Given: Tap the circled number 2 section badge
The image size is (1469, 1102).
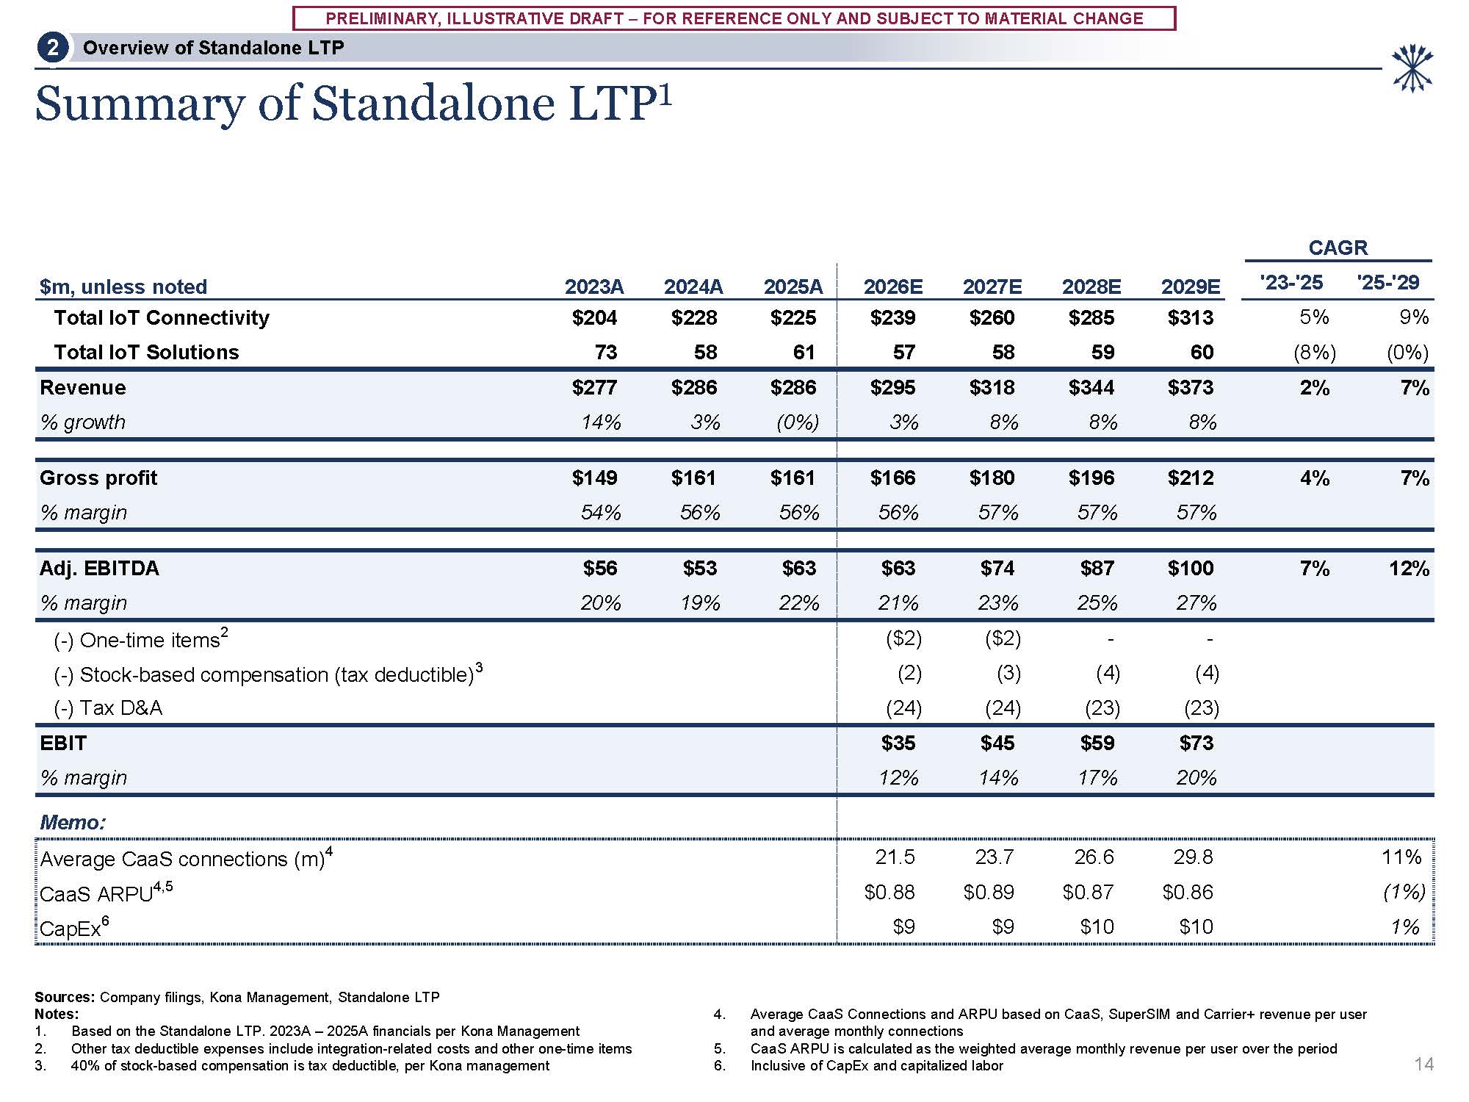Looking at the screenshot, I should point(52,48).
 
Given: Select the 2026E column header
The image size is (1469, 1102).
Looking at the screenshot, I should point(892,287).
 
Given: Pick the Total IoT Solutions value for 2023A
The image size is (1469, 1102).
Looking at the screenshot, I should point(605,353).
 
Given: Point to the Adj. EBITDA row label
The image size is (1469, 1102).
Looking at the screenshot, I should point(99,568).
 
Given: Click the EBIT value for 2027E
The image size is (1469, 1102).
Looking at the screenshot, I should point(997,743).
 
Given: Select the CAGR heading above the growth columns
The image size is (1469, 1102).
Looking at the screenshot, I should point(1338,248).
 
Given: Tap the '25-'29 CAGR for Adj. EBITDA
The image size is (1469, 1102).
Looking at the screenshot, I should point(1408,568).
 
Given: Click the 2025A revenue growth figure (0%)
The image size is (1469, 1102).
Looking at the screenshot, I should point(797,422).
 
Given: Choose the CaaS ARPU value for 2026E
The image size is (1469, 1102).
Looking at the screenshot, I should point(889,892).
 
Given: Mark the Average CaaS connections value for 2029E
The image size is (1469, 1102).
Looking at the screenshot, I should point(1193,857).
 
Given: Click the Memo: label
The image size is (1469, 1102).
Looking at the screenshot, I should point(73,822).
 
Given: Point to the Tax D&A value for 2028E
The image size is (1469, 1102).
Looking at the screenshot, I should point(1102,708).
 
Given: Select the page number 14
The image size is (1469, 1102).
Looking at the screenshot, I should point(1423,1064).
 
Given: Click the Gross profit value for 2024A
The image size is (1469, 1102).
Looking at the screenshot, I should point(693,478).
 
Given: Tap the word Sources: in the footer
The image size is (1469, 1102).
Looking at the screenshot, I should point(65,997).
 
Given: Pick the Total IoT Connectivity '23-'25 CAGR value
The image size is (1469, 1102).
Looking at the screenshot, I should point(1314,317).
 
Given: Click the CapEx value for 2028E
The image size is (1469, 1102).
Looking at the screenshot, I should point(1097,926).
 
